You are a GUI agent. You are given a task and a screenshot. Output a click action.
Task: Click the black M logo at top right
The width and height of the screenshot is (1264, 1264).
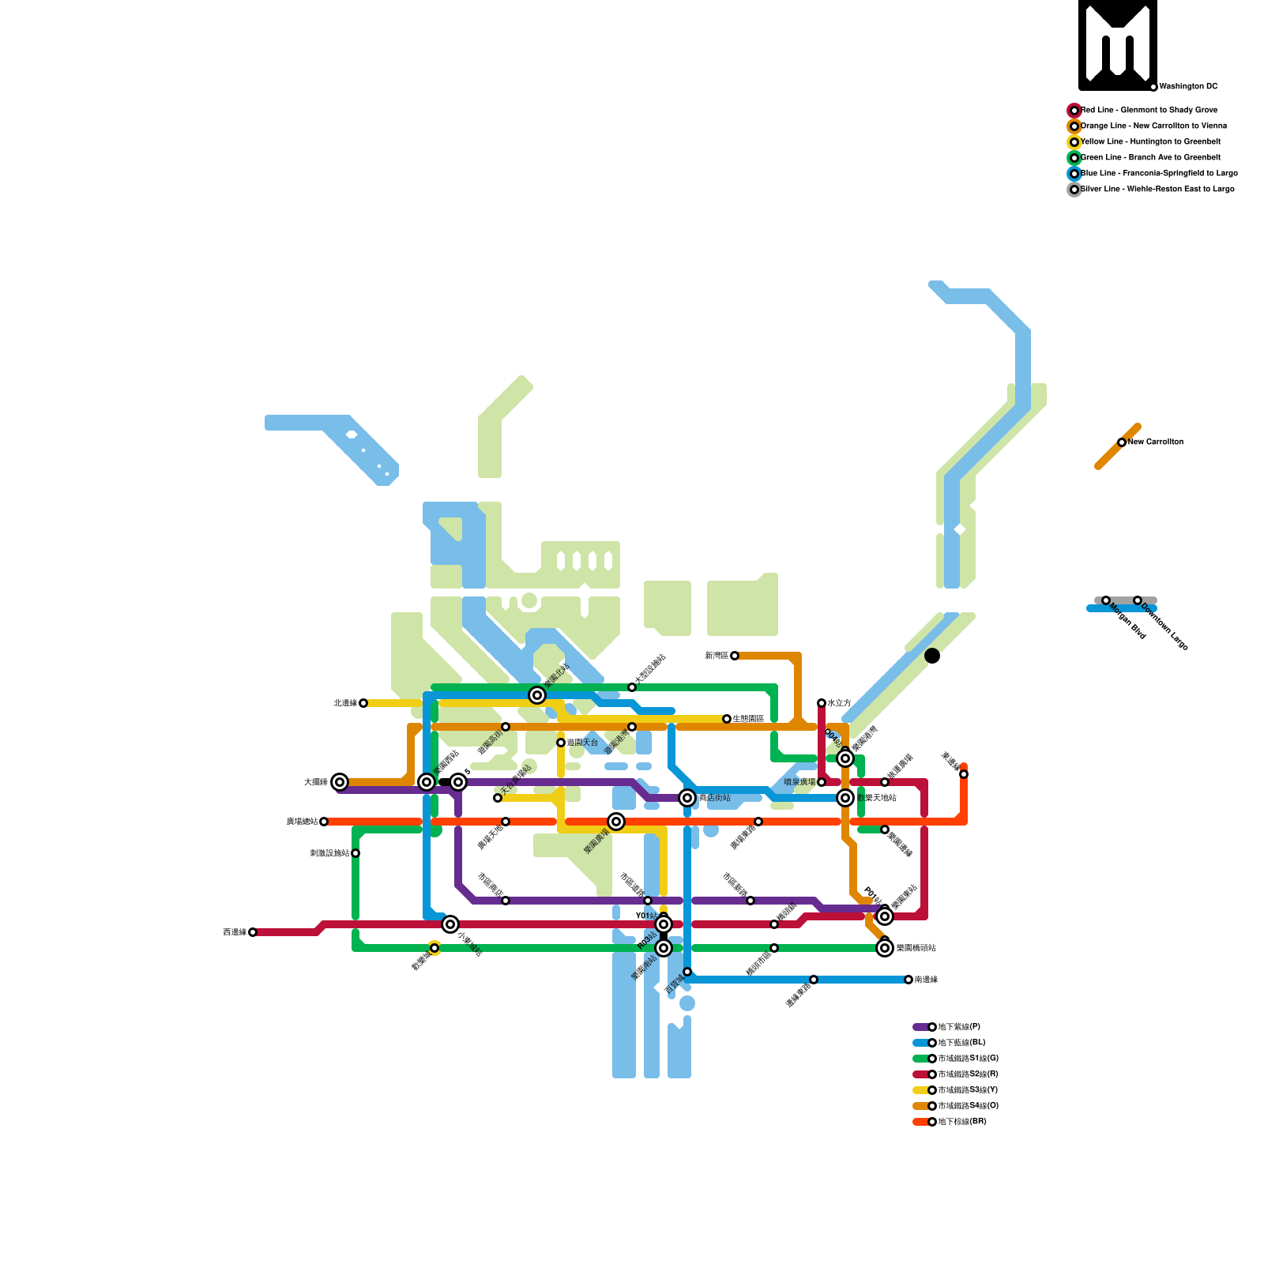tap(1118, 44)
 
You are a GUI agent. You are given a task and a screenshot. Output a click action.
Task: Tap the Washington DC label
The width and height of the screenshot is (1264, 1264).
tap(1188, 87)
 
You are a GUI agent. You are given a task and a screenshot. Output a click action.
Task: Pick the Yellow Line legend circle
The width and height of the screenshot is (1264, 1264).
tap(1074, 142)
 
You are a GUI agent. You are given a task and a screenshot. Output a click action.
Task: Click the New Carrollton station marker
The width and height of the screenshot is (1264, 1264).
tap(1122, 442)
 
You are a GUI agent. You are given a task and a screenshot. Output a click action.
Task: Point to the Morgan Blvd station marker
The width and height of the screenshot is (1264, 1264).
tap(1106, 600)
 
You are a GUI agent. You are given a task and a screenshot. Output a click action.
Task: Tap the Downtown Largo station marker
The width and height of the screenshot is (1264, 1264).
tap(1138, 600)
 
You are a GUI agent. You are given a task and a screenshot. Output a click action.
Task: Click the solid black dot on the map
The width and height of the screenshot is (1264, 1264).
tap(932, 656)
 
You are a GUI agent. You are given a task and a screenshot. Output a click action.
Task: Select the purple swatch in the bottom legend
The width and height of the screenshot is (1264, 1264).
tap(920, 1027)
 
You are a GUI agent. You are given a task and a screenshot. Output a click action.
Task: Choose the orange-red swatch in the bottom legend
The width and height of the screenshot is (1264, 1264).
tap(920, 1122)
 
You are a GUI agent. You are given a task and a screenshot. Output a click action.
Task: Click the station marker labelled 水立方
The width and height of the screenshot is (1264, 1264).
tap(822, 703)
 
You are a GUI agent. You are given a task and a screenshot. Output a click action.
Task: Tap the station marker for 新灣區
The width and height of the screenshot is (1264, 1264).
tap(735, 656)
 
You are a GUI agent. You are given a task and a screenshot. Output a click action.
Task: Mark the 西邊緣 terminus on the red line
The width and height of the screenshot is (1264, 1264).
tap(253, 932)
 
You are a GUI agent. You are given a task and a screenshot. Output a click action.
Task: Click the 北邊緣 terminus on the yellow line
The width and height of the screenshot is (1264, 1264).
tap(363, 703)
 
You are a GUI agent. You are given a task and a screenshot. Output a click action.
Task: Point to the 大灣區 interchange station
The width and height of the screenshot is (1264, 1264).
tap(340, 782)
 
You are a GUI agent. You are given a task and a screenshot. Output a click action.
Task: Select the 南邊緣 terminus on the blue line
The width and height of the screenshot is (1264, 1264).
tap(908, 980)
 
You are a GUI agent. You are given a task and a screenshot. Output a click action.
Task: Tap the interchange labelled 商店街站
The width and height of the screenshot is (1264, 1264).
tap(687, 798)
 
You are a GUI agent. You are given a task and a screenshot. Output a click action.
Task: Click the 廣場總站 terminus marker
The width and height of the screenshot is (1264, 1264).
tap(324, 822)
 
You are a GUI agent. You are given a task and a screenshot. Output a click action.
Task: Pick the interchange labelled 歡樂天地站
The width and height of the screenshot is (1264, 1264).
tap(845, 798)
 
